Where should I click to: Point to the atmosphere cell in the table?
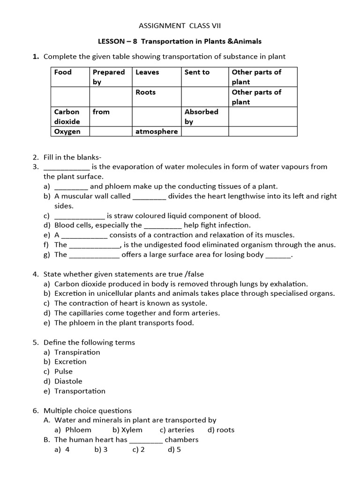click(157, 132)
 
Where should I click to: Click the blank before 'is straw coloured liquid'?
click(80, 216)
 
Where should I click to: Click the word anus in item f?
click(326, 245)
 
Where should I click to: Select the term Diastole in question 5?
click(68, 381)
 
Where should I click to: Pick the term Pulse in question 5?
click(63, 371)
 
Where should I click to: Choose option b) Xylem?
click(127, 430)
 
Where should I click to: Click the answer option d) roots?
click(220, 430)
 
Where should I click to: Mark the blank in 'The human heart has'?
click(146, 440)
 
